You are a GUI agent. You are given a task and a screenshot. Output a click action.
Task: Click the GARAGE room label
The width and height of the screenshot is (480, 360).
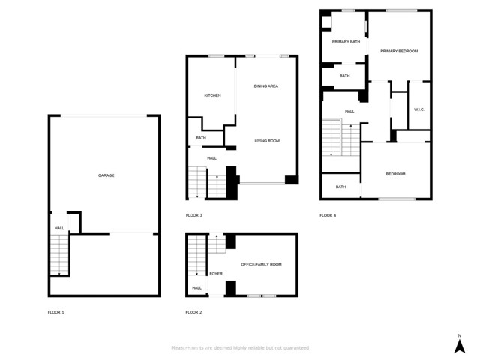106,175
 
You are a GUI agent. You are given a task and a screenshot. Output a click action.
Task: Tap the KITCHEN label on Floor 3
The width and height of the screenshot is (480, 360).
212,95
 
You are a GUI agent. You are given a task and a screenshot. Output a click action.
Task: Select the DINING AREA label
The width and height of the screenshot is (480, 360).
266,86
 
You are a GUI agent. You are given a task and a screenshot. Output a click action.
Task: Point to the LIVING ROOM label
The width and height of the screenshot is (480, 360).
266,141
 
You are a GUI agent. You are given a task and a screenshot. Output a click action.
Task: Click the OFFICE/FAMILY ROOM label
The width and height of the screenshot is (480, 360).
261,264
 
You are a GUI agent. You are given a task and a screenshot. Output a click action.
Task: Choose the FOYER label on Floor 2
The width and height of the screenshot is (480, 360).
216,274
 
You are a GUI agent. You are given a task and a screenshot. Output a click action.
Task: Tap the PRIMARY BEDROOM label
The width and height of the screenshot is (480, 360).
398,51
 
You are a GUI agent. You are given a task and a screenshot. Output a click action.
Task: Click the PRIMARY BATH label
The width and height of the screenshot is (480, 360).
346,42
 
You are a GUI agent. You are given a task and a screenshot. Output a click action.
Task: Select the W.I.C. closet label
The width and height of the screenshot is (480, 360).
419,110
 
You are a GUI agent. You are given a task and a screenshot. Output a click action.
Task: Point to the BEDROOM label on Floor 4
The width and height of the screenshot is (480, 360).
395,174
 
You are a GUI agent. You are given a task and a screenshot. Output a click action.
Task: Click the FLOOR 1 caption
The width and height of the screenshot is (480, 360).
57,311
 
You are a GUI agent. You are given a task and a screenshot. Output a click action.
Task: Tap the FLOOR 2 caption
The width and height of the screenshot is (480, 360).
194,311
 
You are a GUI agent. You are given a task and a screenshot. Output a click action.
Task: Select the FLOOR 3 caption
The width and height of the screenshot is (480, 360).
194,215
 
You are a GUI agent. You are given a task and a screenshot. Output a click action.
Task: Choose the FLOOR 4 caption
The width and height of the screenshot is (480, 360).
328,215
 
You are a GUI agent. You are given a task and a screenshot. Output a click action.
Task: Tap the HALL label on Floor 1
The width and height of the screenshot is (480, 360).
58,228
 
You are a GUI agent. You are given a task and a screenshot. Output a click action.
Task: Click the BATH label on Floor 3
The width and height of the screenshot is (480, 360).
201,138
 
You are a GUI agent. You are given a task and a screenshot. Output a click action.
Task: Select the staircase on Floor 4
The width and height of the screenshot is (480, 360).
332,138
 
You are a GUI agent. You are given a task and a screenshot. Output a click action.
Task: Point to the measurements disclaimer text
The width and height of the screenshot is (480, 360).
239,348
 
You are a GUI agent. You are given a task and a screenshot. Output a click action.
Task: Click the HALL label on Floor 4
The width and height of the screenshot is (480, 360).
349,111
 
